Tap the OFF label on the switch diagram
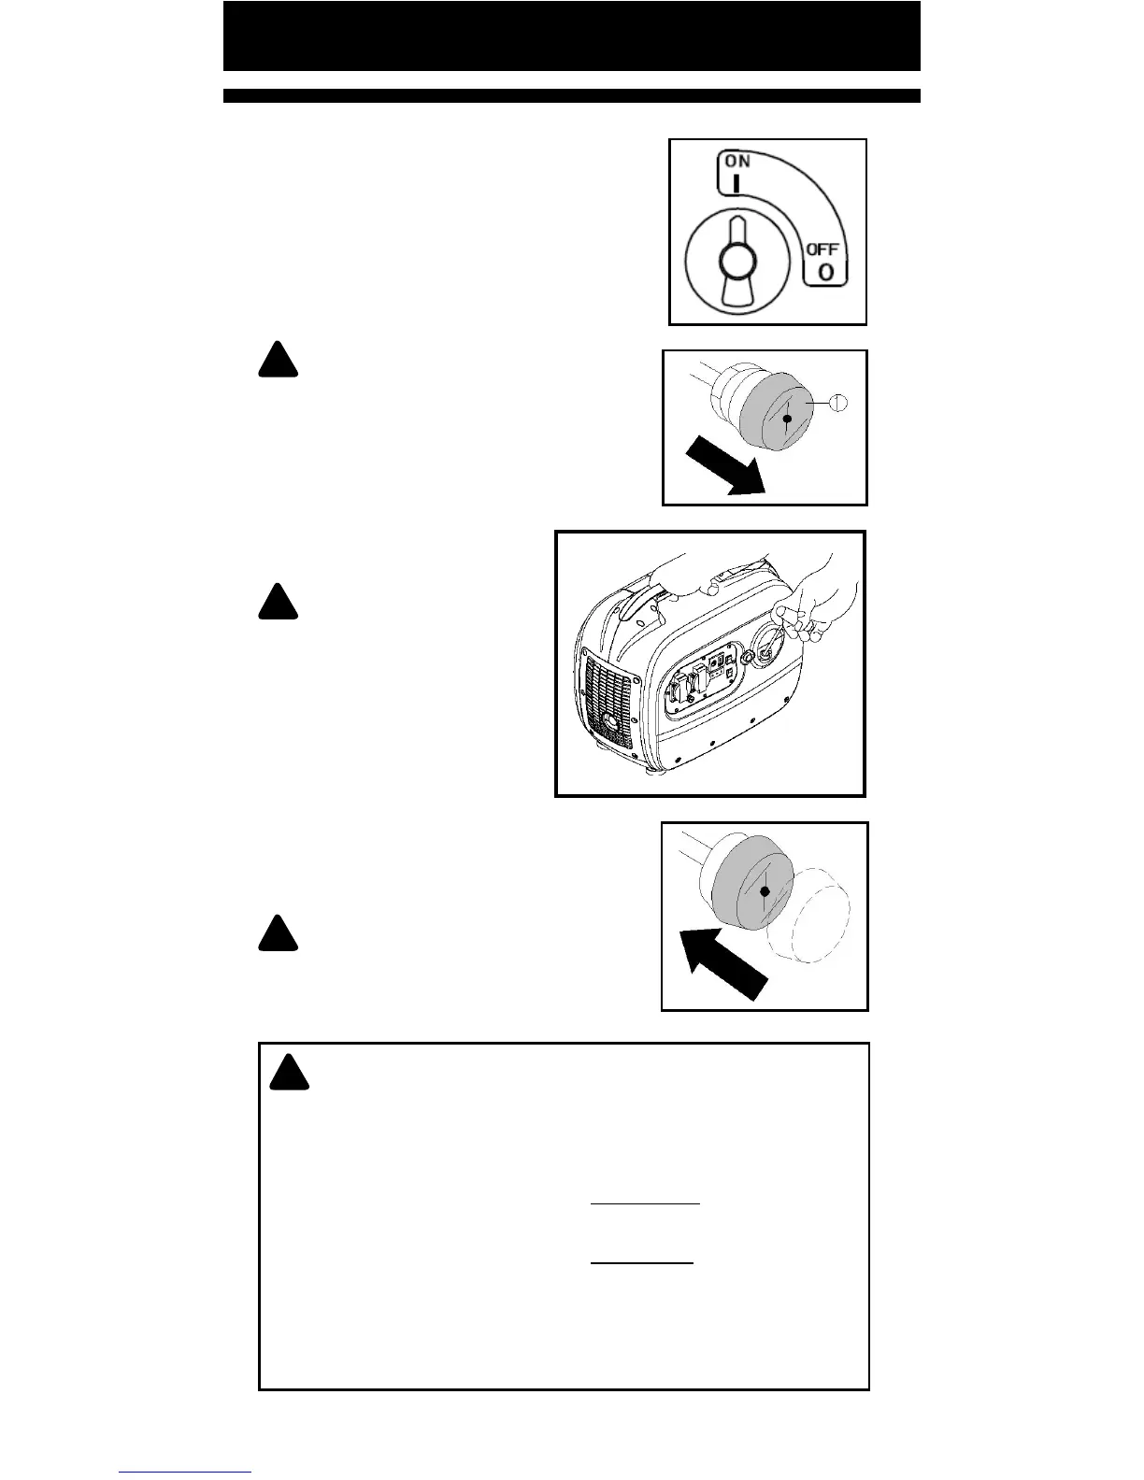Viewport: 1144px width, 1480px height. tap(822, 249)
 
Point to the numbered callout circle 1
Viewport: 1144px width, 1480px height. tap(838, 402)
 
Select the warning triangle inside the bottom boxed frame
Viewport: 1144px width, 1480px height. tap(290, 1074)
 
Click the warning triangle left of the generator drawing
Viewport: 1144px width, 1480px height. tap(278, 602)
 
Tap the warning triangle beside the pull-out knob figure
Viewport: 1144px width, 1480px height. tap(278, 361)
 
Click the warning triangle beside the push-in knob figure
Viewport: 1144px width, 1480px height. tap(278, 934)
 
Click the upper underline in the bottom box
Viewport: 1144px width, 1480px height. tap(645, 1204)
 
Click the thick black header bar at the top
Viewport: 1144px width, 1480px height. tap(571, 36)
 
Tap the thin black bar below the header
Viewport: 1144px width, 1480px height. tap(571, 95)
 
